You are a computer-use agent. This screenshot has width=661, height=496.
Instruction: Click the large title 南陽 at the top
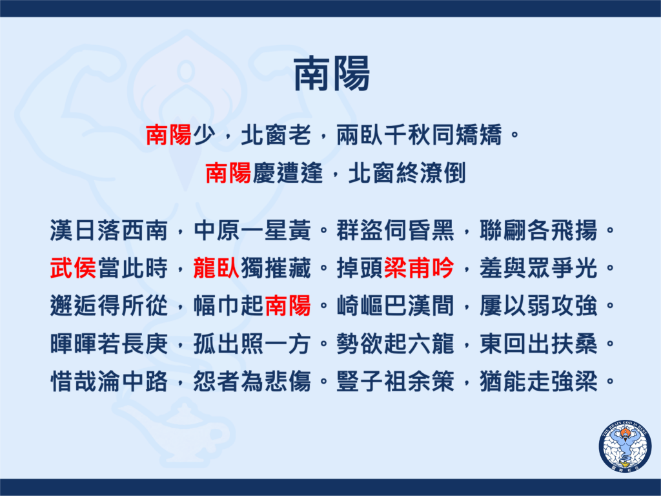(x=331, y=74)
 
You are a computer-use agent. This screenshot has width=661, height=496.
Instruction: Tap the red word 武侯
(x=74, y=268)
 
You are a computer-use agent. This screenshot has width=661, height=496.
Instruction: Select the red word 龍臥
(x=216, y=268)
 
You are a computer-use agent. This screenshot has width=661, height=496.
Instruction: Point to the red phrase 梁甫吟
(x=419, y=268)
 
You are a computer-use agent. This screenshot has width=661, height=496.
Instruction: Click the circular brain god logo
(x=625, y=446)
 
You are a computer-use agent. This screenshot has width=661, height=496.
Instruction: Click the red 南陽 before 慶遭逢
(x=228, y=173)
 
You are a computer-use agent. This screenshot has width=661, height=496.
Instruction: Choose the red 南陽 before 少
(x=168, y=136)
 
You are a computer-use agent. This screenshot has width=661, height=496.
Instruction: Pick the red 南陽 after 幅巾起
(x=288, y=305)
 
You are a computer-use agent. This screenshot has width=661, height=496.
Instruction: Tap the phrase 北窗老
(x=276, y=136)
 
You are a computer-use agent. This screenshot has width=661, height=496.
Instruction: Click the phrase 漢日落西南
(x=108, y=231)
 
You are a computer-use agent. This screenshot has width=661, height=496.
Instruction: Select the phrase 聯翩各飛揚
(x=538, y=231)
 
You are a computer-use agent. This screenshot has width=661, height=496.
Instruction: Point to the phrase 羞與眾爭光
(x=538, y=268)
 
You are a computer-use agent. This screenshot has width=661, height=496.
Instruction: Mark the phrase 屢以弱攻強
(x=538, y=305)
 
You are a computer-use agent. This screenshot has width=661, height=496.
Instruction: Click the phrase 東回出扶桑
(x=538, y=344)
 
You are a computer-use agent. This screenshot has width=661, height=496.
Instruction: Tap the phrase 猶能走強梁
(x=538, y=382)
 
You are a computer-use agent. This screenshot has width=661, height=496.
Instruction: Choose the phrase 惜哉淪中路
(x=108, y=382)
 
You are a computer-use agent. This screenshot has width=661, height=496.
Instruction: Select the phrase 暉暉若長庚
(x=108, y=344)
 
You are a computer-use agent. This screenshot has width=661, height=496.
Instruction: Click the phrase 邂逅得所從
(x=108, y=305)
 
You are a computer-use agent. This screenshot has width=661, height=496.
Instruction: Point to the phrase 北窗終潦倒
(x=407, y=173)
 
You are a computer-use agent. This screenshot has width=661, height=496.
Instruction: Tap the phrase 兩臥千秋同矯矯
(x=419, y=136)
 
